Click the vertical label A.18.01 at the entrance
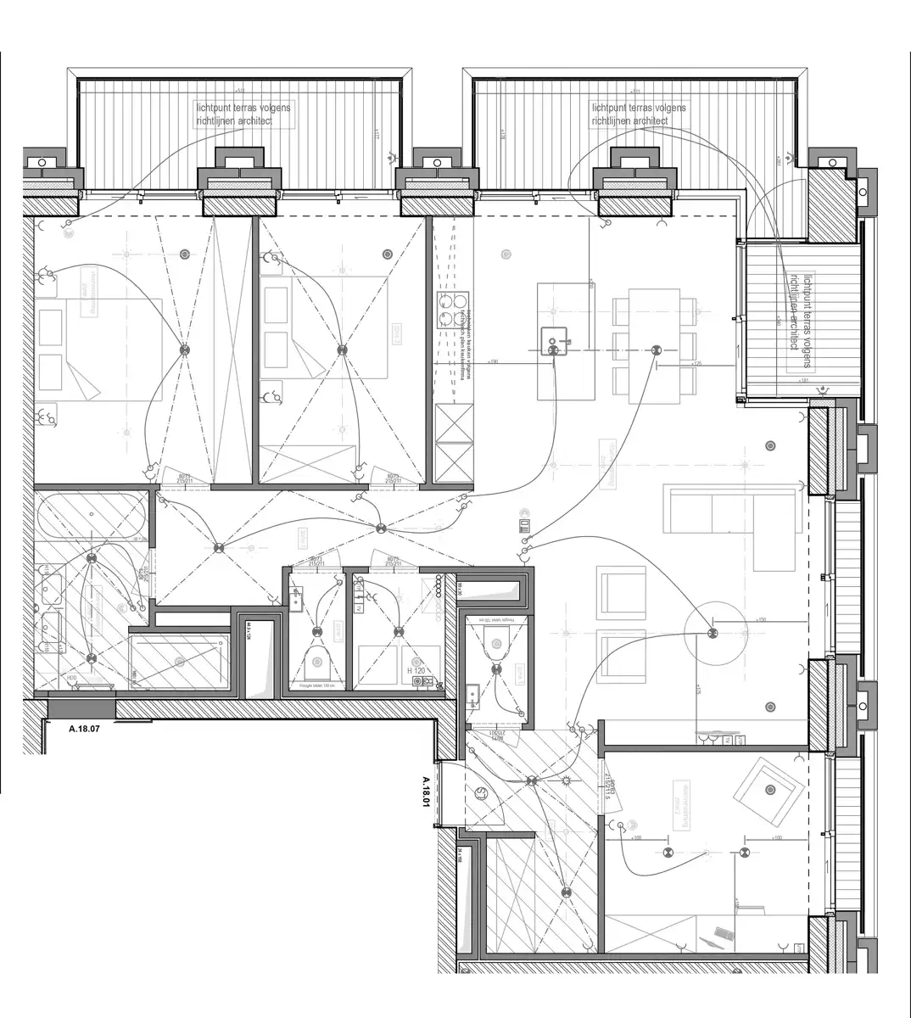pos(427,792)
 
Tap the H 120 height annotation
pos(416,670)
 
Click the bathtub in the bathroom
pos(89,515)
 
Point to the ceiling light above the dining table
pos(655,350)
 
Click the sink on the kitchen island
pos(553,341)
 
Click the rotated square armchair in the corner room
pos(769,791)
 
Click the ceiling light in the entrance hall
pos(532,780)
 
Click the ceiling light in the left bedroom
pos(183,350)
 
